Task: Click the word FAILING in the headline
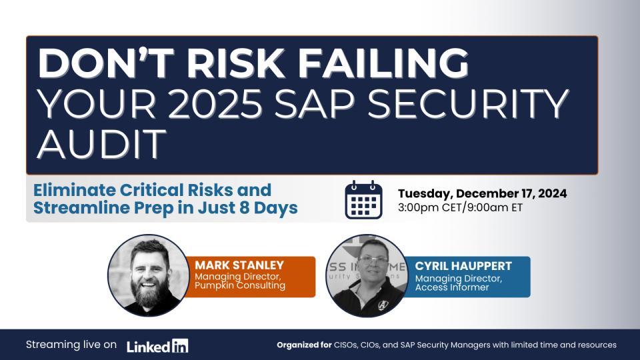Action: [383, 63]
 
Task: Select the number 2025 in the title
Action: [215, 103]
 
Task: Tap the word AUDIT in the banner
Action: [102, 144]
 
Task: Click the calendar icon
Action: [364, 199]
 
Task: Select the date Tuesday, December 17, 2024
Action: [483, 193]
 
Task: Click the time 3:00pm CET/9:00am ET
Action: [461, 207]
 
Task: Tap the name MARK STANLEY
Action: [239, 265]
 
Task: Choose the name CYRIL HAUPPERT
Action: [463, 266]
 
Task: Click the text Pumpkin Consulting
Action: [240, 285]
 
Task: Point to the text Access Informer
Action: [452, 287]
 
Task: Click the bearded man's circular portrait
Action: [149, 275]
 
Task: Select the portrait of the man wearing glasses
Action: [367, 275]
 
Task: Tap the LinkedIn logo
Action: [157, 346]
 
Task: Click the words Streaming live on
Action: [71, 345]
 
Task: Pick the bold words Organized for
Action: [304, 345]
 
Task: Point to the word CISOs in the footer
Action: [346, 345]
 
